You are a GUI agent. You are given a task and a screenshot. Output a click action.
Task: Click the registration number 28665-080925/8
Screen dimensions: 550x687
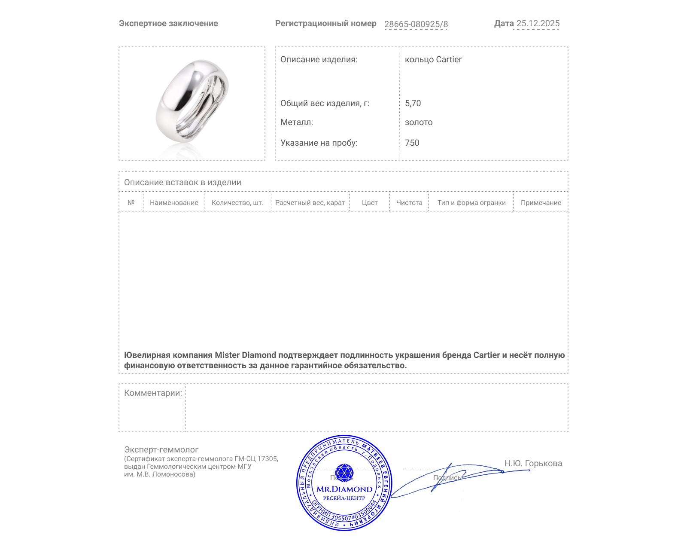coord(416,24)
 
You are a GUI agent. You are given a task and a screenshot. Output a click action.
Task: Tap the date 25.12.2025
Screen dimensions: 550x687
coord(538,24)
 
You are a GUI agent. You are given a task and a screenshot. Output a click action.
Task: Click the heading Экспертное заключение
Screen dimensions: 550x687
coord(168,24)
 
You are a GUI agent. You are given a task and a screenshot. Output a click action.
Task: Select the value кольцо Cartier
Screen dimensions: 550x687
coord(433,60)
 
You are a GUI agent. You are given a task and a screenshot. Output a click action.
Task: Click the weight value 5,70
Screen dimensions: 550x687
coord(413,104)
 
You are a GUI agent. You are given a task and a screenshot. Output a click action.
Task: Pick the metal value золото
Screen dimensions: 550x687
coord(419,122)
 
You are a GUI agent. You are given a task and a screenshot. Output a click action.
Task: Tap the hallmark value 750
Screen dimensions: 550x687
coord(412,143)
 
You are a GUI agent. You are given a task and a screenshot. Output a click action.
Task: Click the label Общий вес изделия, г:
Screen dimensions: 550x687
coord(325,104)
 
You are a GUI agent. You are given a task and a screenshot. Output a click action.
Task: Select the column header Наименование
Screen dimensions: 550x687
coord(174,203)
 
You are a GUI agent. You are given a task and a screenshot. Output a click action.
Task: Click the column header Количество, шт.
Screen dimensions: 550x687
coord(237,203)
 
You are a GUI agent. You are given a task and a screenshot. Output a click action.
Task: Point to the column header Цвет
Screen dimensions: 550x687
coord(370,203)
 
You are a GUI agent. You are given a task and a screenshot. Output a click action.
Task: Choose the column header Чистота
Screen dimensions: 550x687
coord(409,203)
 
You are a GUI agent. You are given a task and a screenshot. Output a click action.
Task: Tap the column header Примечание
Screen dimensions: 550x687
coord(541,203)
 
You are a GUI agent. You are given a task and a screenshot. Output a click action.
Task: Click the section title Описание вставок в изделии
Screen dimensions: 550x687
coord(182,183)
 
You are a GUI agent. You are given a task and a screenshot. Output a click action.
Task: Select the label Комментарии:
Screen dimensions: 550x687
coord(153,393)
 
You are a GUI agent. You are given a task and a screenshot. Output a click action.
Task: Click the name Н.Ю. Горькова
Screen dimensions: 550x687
coord(533,464)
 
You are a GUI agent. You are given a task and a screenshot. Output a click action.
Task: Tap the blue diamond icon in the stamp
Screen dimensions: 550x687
coord(344,473)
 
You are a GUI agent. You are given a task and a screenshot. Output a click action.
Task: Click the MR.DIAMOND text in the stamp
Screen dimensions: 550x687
coord(344,489)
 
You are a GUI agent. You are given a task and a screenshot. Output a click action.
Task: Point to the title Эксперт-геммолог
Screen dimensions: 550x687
coord(161,450)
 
